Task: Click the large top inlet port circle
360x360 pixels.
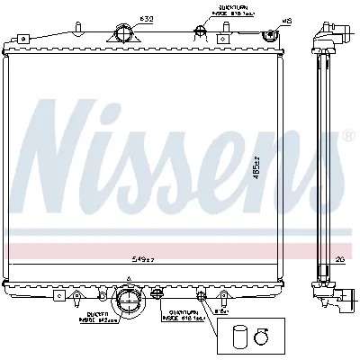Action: click(122, 35)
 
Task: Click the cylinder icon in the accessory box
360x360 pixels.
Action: click(238, 337)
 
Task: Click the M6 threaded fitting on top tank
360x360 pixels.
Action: click(267, 35)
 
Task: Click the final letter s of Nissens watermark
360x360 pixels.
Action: click(314, 162)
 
